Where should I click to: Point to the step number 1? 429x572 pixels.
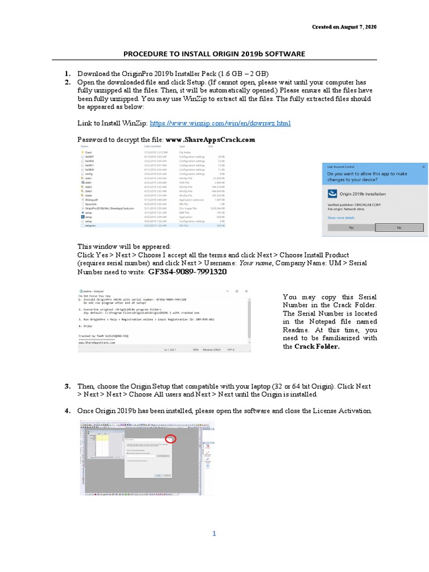67,74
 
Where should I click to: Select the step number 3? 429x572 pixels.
67,386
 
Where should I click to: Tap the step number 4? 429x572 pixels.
67,411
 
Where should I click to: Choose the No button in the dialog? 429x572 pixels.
399,228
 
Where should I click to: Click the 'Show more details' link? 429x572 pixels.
341,217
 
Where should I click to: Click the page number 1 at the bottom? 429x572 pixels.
214,533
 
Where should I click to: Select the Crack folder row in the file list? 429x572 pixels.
88,151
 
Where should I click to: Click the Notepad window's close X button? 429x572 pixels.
246,291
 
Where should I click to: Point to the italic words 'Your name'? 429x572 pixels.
255,263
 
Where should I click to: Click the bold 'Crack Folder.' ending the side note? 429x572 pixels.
317,346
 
